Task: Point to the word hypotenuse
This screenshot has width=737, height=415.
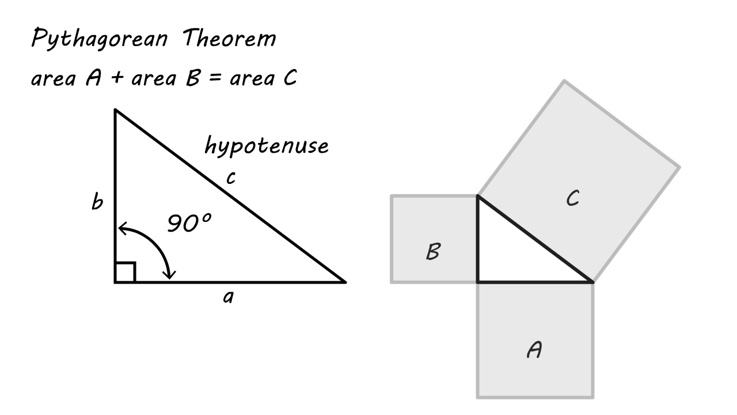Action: [x=267, y=146]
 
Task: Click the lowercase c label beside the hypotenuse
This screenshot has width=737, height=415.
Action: [x=230, y=178]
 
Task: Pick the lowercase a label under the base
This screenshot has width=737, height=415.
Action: [x=229, y=297]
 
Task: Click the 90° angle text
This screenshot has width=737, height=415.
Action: [x=189, y=223]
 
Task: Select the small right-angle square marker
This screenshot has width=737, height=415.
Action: [x=125, y=273]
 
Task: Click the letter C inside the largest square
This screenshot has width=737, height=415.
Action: [x=572, y=199]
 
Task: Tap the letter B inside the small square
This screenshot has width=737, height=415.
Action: [x=433, y=252]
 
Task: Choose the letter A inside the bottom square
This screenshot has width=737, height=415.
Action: [x=534, y=349]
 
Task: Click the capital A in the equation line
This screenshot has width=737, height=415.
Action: [x=93, y=78]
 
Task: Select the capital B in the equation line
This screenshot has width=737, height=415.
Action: [x=192, y=78]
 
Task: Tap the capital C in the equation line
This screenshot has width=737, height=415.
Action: [x=289, y=78]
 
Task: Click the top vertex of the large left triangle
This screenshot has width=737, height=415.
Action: [x=115, y=110]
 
